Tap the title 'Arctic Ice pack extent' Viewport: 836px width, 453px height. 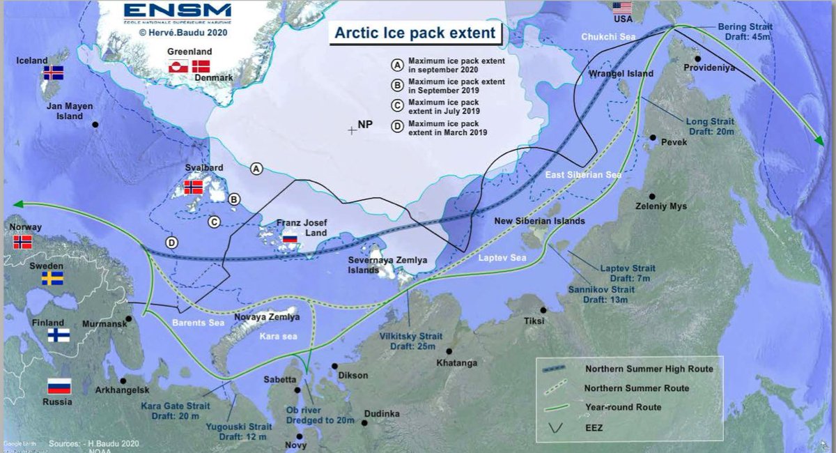point(415,33)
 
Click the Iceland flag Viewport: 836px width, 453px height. point(53,72)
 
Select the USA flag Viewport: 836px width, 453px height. point(621,8)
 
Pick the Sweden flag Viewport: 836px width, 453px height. point(52,279)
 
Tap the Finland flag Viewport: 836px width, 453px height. point(58,335)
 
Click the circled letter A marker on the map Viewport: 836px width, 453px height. point(256,169)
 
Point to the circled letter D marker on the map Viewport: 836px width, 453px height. point(171,243)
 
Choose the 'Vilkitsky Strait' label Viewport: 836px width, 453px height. point(410,335)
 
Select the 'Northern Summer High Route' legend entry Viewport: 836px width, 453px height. point(649,369)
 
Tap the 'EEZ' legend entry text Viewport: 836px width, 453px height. point(594,426)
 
